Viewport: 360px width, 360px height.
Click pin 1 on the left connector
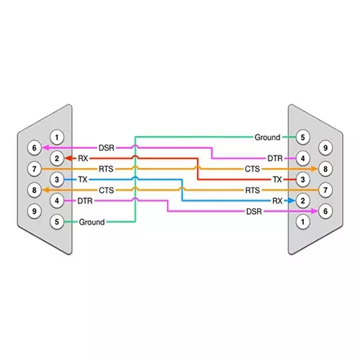pos(56,137)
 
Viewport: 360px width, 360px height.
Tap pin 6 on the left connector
pos(32,148)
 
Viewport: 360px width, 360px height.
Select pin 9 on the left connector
pos(32,211)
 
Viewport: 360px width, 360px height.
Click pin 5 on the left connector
pos(56,222)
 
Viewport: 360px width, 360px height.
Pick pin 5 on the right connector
pos(304,137)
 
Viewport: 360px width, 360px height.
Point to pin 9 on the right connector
pos(328,148)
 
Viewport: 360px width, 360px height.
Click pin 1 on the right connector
pos(304,222)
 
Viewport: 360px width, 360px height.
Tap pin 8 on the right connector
pos(328,168)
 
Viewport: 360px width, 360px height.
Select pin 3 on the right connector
pos(304,179)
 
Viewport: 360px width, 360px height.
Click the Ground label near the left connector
pos(92,222)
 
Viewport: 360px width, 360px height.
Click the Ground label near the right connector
pos(268,137)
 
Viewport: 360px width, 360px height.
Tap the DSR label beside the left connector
pos(106,148)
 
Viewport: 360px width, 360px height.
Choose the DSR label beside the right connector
pos(254,211)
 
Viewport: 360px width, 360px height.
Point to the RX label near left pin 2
pos(83,158)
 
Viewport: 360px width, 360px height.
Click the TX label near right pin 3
pos(277,179)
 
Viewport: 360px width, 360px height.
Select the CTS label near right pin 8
pos(252,168)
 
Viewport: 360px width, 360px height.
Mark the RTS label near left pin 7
pos(106,168)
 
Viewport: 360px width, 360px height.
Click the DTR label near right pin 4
pos(275,158)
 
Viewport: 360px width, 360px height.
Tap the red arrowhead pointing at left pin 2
pos(68,158)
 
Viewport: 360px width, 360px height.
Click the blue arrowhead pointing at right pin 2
pos(291,201)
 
